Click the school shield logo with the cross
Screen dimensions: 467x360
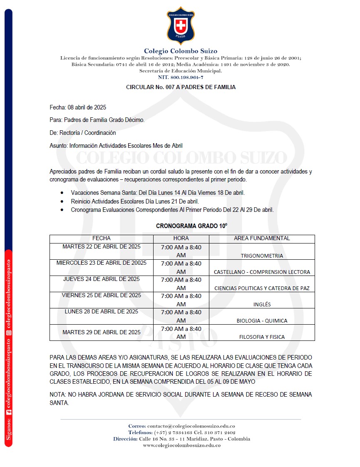[x=180, y=25]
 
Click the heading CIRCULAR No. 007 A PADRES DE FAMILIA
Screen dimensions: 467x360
[x=181, y=87]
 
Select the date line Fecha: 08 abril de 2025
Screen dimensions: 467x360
[x=78, y=107]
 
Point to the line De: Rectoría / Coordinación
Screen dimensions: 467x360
[x=83, y=133]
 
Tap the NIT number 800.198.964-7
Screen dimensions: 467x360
[x=181, y=78]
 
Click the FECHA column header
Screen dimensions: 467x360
[x=102, y=238]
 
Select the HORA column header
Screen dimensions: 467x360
[x=181, y=238]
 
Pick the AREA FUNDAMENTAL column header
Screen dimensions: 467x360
[x=262, y=238]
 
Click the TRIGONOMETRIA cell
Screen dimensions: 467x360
[x=262, y=256]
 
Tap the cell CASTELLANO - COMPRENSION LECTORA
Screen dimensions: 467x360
[x=262, y=272]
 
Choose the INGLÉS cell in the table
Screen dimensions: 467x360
[x=262, y=304]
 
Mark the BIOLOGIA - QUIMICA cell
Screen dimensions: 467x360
[x=262, y=320]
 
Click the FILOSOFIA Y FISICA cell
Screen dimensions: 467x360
[x=262, y=337]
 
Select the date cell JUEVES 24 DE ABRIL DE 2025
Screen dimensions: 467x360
[x=102, y=279]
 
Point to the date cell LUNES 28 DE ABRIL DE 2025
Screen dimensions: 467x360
[x=102, y=311]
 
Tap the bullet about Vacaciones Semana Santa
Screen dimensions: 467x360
[x=158, y=193]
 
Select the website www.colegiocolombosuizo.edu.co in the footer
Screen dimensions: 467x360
[x=181, y=445]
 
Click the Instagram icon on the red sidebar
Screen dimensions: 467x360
[x=8, y=332]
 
